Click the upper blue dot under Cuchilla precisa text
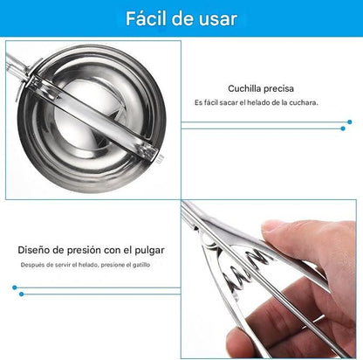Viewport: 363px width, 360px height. pos(350,121)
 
